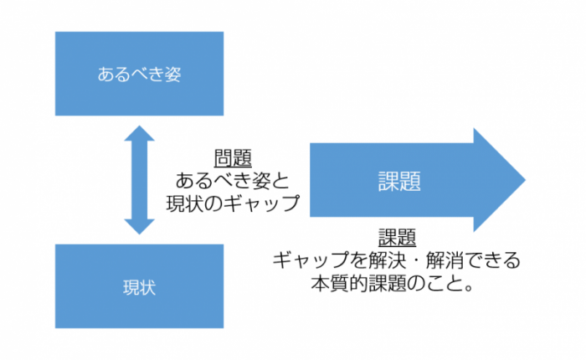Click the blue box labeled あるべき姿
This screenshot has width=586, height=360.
click(x=140, y=74)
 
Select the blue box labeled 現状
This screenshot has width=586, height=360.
click(x=140, y=286)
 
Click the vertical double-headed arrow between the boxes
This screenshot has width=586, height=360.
click(x=140, y=180)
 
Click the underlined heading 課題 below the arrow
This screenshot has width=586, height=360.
click(x=398, y=238)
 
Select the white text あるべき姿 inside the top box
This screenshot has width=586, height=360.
click(x=140, y=74)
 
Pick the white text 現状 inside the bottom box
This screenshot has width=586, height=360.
click(x=140, y=286)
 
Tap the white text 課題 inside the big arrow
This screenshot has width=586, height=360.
click(x=398, y=181)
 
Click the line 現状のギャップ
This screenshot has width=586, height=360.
click(x=234, y=202)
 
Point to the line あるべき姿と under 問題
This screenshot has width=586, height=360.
click(x=234, y=180)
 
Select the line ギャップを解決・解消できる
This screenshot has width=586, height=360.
click(x=397, y=260)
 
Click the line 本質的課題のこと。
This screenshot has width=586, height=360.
click(x=397, y=282)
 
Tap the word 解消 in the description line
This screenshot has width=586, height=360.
click(x=445, y=260)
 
